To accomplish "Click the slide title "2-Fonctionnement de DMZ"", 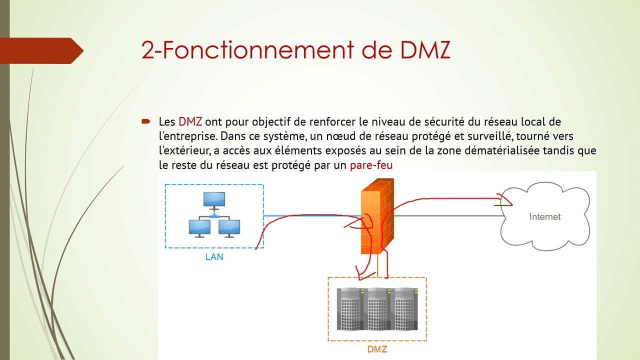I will (x=295, y=50).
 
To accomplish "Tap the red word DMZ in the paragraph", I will (x=190, y=121).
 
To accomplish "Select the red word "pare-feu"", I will (x=371, y=165).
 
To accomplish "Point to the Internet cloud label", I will (x=545, y=217).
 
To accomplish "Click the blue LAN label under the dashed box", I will (x=214, y=257).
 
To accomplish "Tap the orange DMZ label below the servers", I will (x=377, y=349).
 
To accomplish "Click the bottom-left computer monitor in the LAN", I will (x=199, y=227).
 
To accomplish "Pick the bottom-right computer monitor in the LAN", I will (x=229, y=227).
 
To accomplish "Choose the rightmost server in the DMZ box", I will (x=405, y=308).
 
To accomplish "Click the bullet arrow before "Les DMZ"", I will (x=146, y=121).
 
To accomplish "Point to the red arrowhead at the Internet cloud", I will (x=505, y=201).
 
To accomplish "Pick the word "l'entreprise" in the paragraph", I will (x=188, y=136).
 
